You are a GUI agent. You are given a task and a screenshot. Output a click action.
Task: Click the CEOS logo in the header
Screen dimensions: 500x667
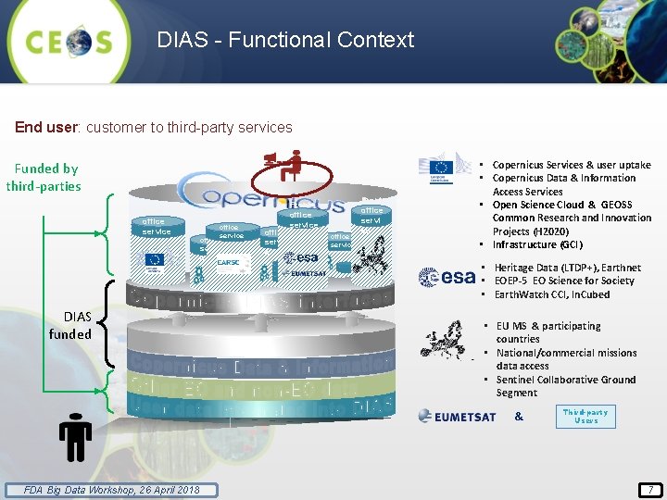click(69, 41)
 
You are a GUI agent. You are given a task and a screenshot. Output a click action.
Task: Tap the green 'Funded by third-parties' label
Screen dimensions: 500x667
click(44, 178)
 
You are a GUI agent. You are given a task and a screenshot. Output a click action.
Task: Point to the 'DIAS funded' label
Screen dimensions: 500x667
click(70, 325)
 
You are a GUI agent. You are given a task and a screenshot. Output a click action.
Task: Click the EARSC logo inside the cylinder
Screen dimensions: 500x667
click(229, 263)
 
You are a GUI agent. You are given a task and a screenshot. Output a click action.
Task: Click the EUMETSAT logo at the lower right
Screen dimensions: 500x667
click(457, 417)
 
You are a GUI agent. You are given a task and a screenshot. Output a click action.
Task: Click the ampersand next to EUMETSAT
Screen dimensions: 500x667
click(519, 417)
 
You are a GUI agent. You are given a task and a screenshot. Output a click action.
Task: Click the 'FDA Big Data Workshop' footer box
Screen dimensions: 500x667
click(111, 490)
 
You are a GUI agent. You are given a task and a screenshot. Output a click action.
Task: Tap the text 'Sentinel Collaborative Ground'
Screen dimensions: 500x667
click(566, 380)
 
